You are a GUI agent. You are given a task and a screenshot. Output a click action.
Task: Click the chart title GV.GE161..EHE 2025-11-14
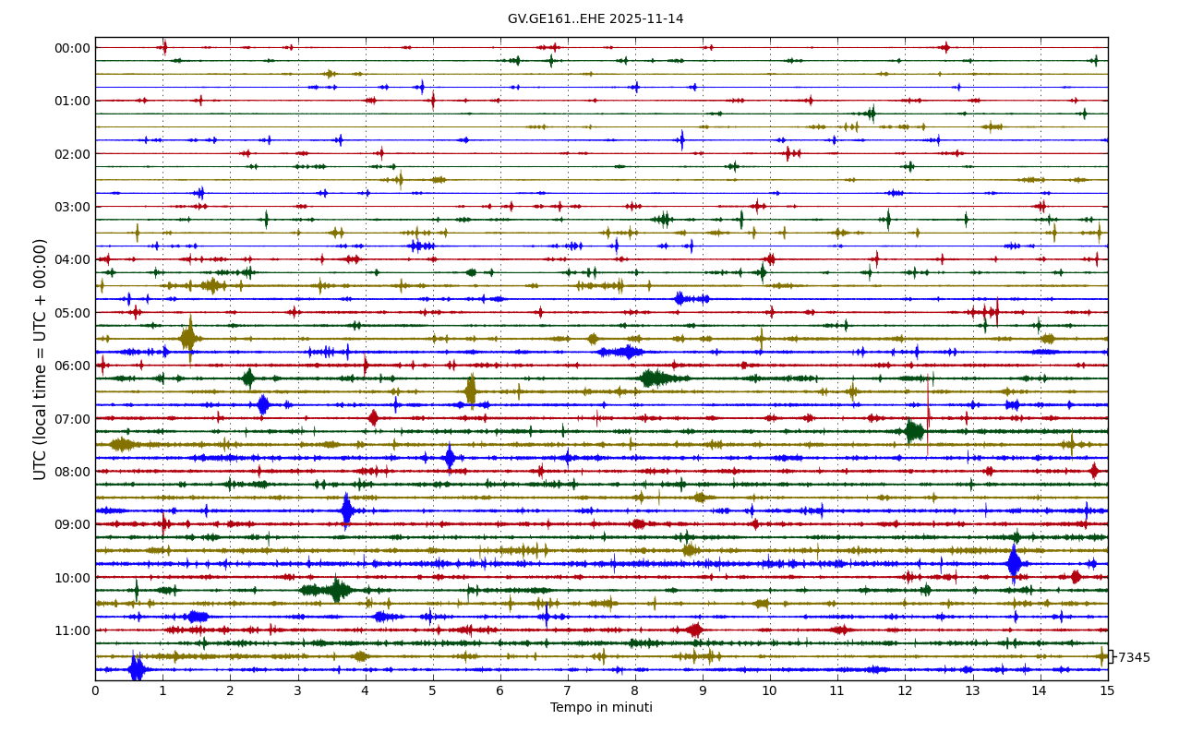coord(595,19)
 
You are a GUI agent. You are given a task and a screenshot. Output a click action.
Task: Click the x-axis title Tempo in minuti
coord(601,708)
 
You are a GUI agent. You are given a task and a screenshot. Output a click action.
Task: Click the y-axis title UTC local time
coord(41,359)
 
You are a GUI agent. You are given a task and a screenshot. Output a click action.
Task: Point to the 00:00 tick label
coord(73,48)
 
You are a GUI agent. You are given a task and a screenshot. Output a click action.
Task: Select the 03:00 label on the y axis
coord(73,207)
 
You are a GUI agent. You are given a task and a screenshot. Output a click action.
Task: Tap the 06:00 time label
coord(73,366)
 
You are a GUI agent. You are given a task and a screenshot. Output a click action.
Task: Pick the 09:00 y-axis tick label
coord(73,524)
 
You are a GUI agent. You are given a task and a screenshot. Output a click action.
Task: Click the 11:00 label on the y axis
coord(73,630)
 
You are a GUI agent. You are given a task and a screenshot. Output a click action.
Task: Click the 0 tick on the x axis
coord(95,690)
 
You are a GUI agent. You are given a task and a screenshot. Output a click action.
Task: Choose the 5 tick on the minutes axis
coord(433,690)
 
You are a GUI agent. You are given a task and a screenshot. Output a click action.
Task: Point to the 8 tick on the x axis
coord(635,690)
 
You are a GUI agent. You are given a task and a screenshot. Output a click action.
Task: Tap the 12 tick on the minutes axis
coord(905,690)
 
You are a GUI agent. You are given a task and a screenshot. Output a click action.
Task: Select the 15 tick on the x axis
coord(1107,690)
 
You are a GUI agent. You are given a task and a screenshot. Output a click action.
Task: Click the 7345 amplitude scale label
coord(1134,658)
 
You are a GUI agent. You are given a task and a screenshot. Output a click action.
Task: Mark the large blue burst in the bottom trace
coord(137,669)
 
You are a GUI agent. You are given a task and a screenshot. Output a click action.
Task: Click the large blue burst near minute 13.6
coord(1014,563)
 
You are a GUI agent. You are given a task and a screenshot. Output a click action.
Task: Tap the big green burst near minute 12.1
coord(914,431)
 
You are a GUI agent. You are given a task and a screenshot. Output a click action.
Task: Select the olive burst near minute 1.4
coord(188,339)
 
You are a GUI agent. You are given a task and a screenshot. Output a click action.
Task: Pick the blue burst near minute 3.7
coord(346,510)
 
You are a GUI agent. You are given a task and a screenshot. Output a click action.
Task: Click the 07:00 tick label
coord(73,419)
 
